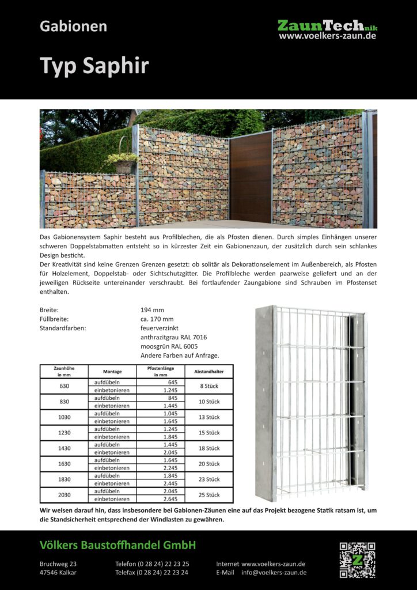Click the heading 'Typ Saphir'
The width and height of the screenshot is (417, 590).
(x=94, y=66)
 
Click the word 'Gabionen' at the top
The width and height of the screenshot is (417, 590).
(x=73, y=27)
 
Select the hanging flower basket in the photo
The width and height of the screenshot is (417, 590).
(x=123, y=162)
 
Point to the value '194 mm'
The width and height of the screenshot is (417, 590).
(x=153, y=310)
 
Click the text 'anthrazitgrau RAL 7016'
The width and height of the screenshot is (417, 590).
(x=173, y=337)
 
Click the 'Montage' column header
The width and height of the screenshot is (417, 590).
(x=112, y=372)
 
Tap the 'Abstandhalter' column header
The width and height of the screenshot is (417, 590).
(x=209, y=372)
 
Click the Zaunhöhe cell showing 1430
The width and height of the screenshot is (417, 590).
(x=64, y=448)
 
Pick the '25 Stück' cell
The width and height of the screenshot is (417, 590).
(x=209, y=494)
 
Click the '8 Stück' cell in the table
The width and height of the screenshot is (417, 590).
(x=209, y=385)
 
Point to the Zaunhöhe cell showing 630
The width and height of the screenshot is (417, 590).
(x=64, y=385)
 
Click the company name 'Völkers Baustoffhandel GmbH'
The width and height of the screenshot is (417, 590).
(x=117, y=545)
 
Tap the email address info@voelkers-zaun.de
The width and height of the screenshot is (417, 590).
(x=274, y=573)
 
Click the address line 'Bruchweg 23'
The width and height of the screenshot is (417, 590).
(x=58, y=563)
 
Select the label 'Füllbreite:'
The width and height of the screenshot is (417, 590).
(x=55, y=319)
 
